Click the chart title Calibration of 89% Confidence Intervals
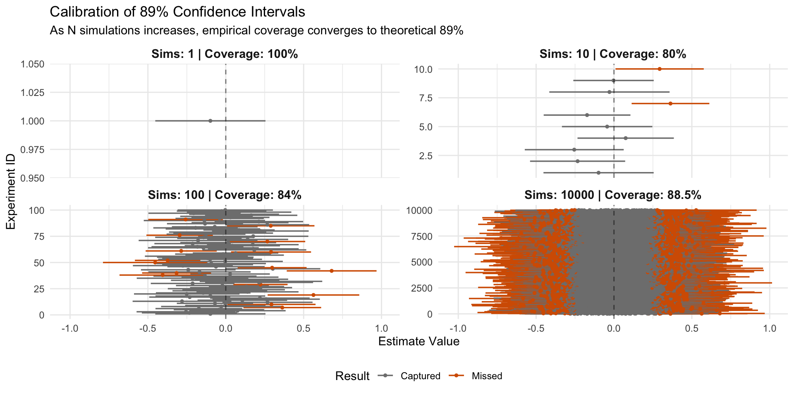point(177,12)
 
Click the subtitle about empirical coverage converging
point(256,31)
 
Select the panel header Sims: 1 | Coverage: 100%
point(225,54)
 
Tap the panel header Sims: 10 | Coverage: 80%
point(613,54)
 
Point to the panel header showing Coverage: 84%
point(225,195)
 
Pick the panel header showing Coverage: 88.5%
point(613,195)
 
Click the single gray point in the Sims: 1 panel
point(210,121)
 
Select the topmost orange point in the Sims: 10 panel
point(660,69)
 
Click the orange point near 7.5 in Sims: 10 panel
point(670,103)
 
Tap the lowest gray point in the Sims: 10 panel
point(598,172)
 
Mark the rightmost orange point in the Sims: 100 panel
point(332,271)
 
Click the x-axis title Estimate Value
point(419,342)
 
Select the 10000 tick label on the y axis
point(419,210)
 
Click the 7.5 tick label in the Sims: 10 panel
point(427,98)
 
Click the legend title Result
point(352,376)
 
